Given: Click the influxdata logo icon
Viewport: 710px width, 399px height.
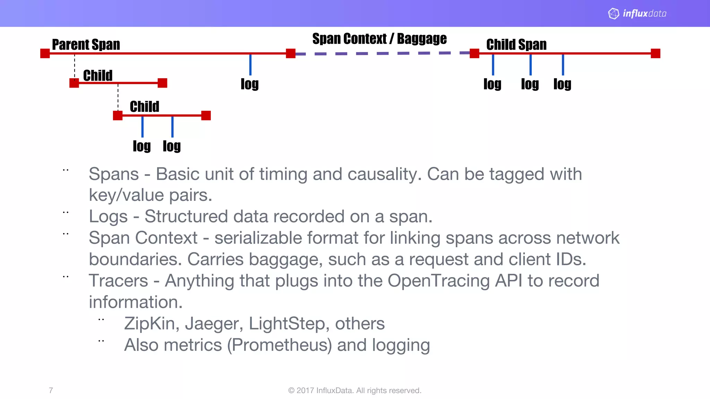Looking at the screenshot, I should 614,14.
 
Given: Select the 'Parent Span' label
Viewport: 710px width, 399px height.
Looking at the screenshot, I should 86,45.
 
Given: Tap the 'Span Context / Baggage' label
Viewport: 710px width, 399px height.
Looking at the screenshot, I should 379,39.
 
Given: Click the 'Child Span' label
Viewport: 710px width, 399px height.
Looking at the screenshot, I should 516,45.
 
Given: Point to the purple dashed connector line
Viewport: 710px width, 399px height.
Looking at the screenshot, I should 381,53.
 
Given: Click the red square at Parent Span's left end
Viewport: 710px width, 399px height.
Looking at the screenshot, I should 45,53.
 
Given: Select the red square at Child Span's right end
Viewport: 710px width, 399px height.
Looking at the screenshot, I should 655,53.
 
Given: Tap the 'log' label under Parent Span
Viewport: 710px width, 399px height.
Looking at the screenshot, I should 250,84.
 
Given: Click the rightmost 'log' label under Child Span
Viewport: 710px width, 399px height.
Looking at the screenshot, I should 562,84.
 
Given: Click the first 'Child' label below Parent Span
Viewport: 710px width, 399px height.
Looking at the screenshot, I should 98,76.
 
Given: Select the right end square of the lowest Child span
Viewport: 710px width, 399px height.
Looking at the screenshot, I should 206,115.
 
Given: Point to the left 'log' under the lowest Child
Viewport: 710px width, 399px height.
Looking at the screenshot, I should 141,146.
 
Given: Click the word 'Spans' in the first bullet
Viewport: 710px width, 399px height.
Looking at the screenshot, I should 114,174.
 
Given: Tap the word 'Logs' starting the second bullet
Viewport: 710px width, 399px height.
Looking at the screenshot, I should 108,216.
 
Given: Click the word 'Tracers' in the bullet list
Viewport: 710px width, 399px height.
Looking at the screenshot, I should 118,281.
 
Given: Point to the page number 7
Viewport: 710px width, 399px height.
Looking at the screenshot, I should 51,390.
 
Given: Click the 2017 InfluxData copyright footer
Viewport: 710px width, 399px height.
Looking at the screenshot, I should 355,390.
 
